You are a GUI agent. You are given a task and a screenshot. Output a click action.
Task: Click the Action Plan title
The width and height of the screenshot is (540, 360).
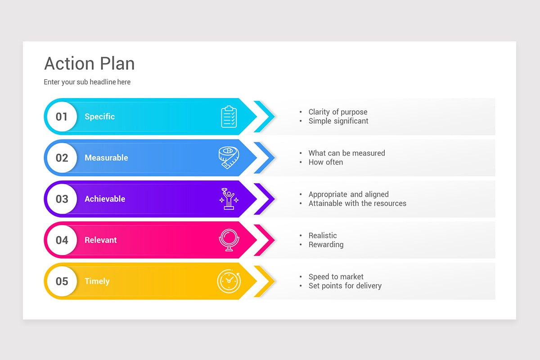click(89, 64)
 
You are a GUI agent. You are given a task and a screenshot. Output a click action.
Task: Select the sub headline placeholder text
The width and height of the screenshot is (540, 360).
click(87, 82)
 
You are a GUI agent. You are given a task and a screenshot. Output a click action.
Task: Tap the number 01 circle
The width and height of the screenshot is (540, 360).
click(62, 117)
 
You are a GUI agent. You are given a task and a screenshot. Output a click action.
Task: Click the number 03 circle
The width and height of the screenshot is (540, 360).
click(62, 199)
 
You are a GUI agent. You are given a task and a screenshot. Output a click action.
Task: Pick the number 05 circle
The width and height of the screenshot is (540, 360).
click(62, 281)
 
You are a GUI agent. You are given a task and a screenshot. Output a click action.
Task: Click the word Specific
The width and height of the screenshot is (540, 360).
click(99, 117)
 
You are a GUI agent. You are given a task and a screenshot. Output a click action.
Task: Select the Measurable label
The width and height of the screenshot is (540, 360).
click(106, 158)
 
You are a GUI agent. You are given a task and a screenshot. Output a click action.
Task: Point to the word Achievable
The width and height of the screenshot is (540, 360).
click(105, 199)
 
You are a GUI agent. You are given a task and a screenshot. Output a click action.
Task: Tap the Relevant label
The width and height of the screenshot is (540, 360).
click(100, 240)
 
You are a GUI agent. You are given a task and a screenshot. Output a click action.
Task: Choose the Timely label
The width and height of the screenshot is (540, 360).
click(97, 281)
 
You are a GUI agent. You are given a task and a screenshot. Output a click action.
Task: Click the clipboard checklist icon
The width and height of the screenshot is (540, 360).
click(229, 117)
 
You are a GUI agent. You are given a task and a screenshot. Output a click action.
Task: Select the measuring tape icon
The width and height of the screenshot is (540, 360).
click(229, 158)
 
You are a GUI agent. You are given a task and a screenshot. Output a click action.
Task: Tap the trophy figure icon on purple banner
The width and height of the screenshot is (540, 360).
click(229, 199)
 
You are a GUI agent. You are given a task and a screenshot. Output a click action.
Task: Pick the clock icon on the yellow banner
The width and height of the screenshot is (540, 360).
click(229, 281)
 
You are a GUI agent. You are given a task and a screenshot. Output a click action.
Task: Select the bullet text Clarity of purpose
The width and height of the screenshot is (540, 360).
click(337, 112)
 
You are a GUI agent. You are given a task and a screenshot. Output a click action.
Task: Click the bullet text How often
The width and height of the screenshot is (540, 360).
click(325, 162)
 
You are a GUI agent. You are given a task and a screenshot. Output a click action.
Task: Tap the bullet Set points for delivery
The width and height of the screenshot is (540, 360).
click(345, 286)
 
